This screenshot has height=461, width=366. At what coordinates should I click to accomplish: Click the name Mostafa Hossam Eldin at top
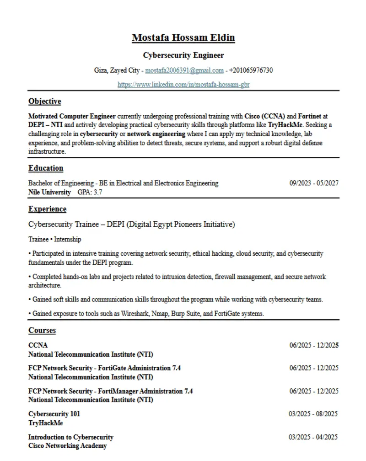pyautogui.click(x=183, y=38)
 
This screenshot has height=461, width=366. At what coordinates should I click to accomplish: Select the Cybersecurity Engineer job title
pyautogui.click(x=183, y=55)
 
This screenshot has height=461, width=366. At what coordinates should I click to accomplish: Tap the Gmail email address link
pyautogui.click(x=184, y=70)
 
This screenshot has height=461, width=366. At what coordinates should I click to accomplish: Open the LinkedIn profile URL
pyautogui.click(x=183, y=85)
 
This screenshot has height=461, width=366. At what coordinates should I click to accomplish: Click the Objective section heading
pyautogui.click(x=44, y=102)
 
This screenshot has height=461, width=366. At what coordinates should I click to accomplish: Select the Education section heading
pyautogui.click(x=46, y=168)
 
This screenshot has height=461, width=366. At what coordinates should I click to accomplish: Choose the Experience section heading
pyautogui.click(x=47, y=209)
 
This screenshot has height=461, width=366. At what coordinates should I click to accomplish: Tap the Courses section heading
pyautogui.click(x=42, y=331)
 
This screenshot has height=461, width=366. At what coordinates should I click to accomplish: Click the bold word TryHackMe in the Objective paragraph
pyautogui.click(x=285, y=125)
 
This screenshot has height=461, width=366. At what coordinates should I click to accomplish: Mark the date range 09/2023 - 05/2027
pyautogui.click(x=314, y=183)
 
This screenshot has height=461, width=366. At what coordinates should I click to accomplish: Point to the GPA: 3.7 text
pyautogui.click(x=90, y=193)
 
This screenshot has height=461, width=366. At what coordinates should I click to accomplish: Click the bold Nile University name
pyautogui.click(x=49, y=193)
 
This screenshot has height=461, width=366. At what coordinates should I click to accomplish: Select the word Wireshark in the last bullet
pyautogui.click(x=138, y=314)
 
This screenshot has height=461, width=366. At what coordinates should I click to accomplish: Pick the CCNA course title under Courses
pyautogui.click(x=38, y=345)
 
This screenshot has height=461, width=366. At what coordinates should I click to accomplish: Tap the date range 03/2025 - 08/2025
pyautogui.click(x=313, y=414)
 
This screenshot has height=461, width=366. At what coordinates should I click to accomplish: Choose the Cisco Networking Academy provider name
pyautogui.click(x=67, y=446)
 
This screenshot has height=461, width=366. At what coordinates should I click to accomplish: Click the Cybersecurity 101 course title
pyautogui.click(x=54, y=414)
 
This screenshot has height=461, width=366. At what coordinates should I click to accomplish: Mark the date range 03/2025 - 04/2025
pyautogui.click(x=313, y=437)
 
